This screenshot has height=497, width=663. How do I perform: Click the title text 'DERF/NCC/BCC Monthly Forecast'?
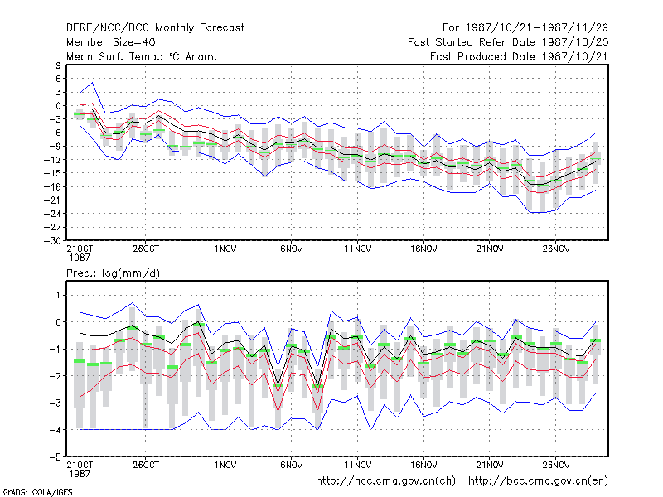(x=155, y=28)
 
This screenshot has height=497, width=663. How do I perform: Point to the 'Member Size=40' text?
(x=111, y=42)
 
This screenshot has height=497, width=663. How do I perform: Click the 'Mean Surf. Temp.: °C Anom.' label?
(x=141, y=56)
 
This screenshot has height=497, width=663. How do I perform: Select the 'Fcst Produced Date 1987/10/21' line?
(x=519, y=56)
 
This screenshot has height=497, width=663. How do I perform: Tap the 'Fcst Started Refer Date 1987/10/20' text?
(x=508, y=42)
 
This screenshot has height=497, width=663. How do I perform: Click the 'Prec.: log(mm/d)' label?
(x=113, y=273)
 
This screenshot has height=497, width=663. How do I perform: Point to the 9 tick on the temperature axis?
(x=58, y=65)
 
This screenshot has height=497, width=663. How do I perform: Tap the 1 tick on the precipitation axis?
(x=58, y=295)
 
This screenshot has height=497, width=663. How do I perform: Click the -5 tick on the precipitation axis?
(x=56, y=457)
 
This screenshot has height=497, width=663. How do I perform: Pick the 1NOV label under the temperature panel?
(x=225, y=249)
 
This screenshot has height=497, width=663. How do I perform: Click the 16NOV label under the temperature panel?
(x=423, y=249)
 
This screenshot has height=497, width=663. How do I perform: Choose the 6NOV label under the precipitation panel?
(x=292, y=465)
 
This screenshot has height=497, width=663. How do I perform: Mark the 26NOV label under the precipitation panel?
(x=555, y=465)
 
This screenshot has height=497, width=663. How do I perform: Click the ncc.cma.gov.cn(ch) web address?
(x=385, y=481)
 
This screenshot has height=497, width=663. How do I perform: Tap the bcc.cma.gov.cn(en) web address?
(x=538, y=481)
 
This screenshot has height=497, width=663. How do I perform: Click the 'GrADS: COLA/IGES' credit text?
(x=37, y=492)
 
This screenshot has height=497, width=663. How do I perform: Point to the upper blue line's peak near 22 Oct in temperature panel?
(x=93, y=83)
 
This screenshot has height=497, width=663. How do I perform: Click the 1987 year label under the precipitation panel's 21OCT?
(x=80, y=474)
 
